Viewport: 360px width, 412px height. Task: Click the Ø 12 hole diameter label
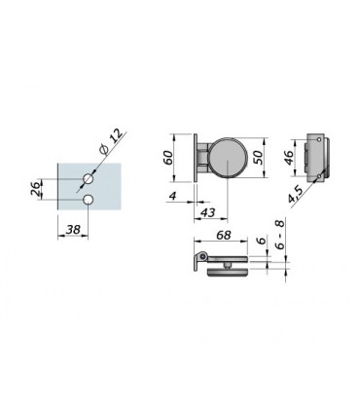coord(112,141)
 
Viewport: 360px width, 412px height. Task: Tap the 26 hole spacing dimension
coord(36,189)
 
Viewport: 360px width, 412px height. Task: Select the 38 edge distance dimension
coord(73,230)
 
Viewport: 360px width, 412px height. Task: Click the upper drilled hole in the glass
coord(88,178)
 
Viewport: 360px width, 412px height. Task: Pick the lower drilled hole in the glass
coord(88,200)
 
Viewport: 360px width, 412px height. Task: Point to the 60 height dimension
coord(169,158)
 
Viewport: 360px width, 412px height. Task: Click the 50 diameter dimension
coord(259,158)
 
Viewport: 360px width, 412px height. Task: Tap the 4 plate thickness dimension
coord(173,196)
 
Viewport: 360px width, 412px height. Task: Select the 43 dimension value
coord(208,212)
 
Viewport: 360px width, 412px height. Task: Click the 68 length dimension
coord(224,235)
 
